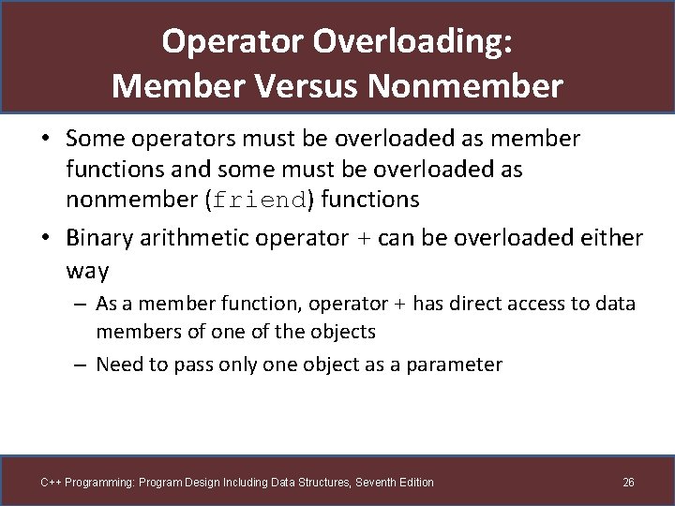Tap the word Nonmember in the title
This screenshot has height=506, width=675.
point(466,86)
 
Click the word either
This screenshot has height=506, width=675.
point(608,238)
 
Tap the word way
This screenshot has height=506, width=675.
point(87,272)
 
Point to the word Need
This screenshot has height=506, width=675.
point(117,365)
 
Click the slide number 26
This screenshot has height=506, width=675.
point(628,483)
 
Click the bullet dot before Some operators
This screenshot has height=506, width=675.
point(46,140)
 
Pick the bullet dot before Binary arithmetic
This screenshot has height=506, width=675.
point(46,239)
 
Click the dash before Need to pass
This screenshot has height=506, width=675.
point(82,365)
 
